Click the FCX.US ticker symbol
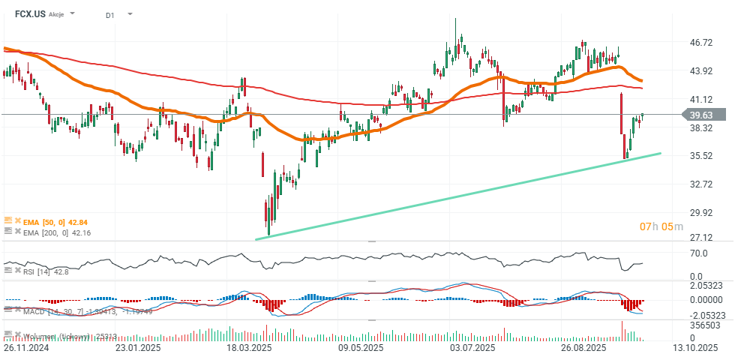coord(30,13)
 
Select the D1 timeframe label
coord(110,14)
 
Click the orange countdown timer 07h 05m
coord(661,226)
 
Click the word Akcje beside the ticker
coord(57,14)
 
